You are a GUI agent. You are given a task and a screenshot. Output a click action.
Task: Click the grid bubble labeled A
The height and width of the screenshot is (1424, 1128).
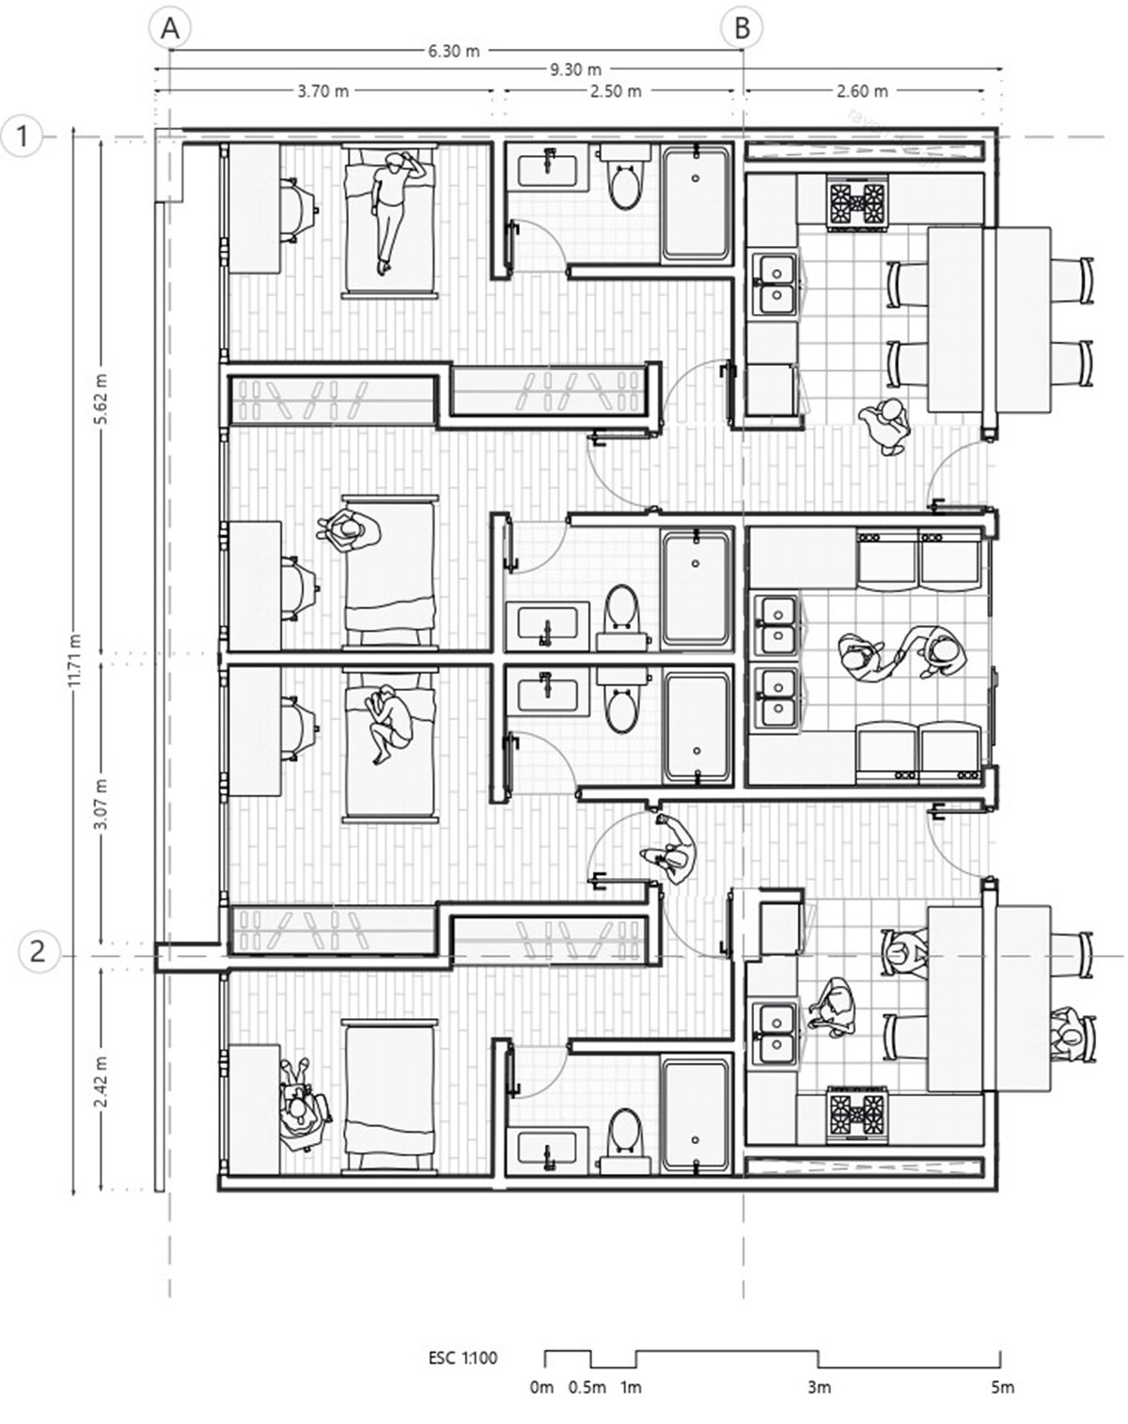click(x=170, y=28)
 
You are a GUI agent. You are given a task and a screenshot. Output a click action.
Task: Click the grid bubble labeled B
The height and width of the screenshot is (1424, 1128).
click(x=742, y=28)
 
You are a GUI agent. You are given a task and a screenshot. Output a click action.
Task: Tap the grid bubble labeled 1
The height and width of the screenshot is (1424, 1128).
click(x=23, y=136)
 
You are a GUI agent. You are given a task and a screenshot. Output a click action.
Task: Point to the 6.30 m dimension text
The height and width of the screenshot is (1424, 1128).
click(x=453, y=51)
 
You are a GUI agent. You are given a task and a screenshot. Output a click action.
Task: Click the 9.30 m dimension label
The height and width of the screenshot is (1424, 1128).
click(x=575, y=69)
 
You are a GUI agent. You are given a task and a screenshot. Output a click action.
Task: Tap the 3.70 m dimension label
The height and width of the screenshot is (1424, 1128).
click(x=322, y=91)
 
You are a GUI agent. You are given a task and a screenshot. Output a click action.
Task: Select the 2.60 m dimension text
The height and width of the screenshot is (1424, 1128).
click(x=862, y=91)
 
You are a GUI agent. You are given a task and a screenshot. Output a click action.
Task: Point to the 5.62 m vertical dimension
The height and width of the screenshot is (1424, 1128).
click(x=102, y=401)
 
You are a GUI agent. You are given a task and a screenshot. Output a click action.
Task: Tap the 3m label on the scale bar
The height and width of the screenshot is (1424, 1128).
click(x=818, y=1401)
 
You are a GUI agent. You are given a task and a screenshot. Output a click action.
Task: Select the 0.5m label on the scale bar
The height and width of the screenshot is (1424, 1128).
click(x=587, y=1401)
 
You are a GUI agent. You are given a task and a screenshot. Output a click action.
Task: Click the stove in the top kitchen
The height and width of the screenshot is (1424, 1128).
click(x=857, y=202)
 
